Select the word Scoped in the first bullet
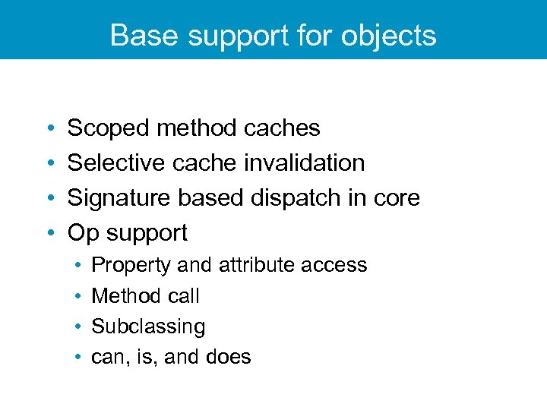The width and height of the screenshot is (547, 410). [109, 128]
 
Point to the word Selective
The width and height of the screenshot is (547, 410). [116, 162]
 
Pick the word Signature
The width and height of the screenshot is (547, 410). [119, 197]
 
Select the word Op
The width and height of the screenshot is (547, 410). [83, 232]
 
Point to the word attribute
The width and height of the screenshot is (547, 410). [256, 265]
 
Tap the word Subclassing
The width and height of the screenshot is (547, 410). [148, 326]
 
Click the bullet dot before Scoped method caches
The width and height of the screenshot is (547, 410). [49, 128]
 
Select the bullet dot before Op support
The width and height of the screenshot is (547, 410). [49, 232]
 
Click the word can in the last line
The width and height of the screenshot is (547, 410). [105, 357]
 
